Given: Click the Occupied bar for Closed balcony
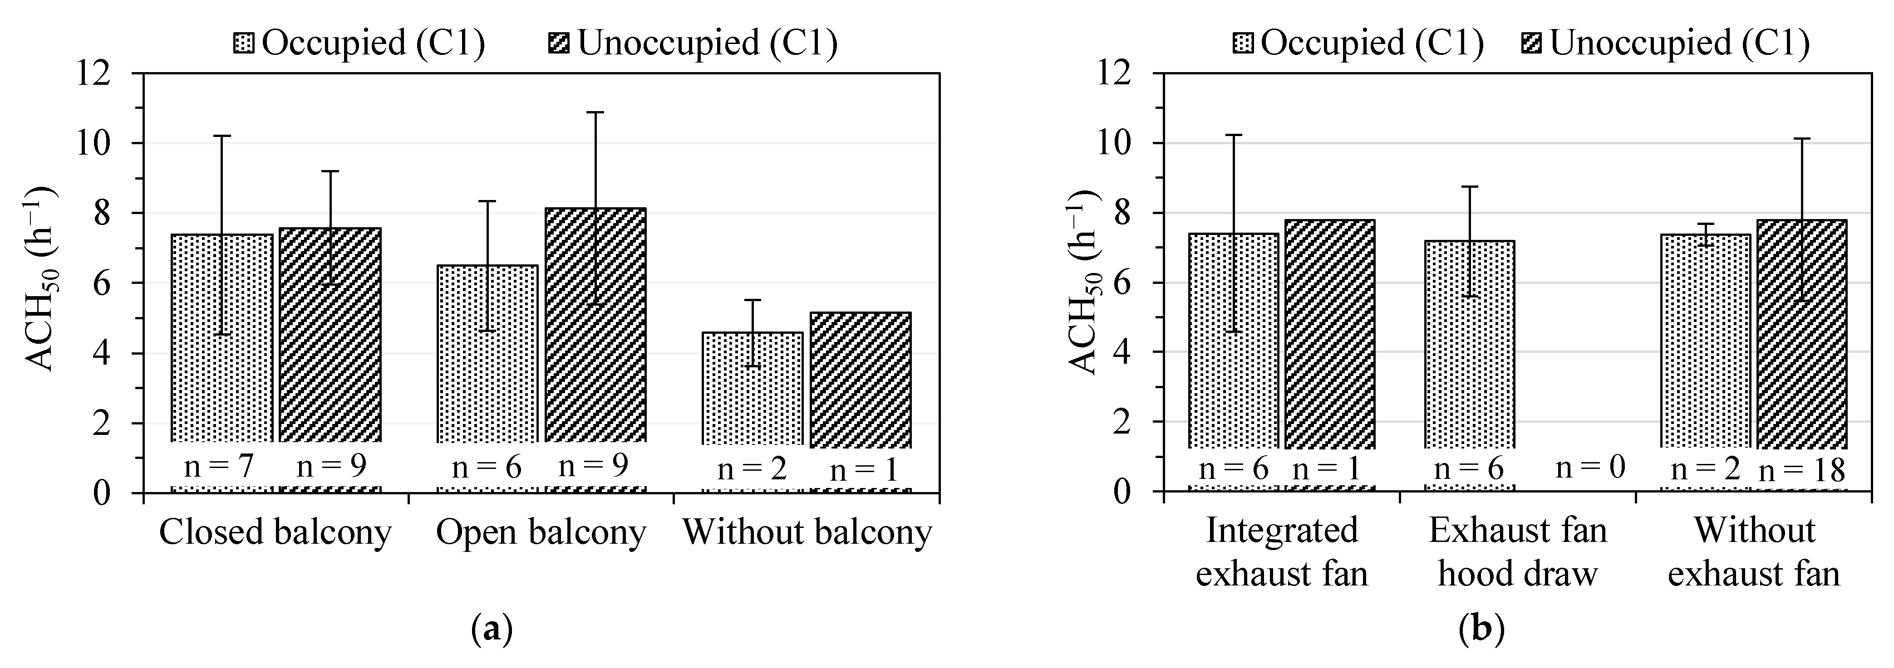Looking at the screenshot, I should (x=222, y=338).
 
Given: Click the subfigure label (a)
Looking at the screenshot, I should (x=491, y=630).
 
